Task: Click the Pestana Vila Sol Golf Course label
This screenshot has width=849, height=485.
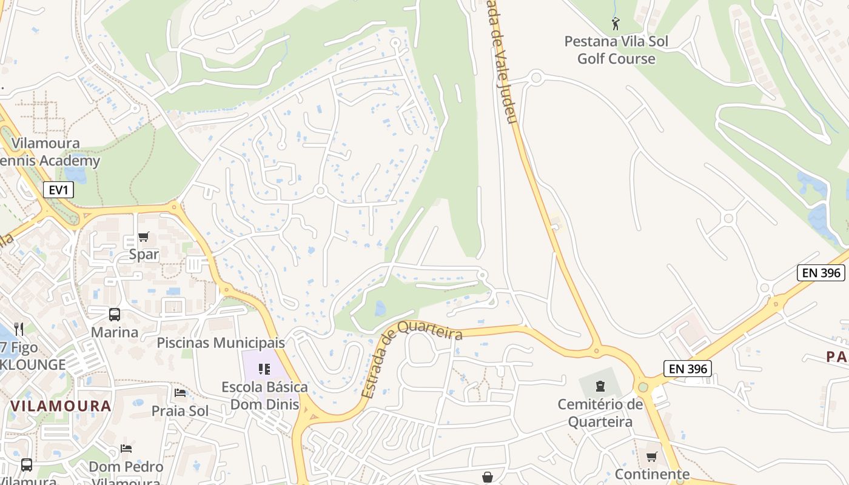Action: pyautogui.click(x=616, y=50)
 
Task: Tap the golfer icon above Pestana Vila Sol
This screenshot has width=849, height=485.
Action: pyautogui.click(x=616, y=24)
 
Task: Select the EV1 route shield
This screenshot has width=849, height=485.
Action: pyautogui.click(x=58, y=190)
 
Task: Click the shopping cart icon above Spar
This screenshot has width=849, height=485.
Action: pyautogui.click(x=144, y=236)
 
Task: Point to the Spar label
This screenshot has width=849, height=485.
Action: pyautogui.click(x=144, y=255)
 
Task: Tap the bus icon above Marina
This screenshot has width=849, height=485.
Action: pyautogui.click(x=115, y=315)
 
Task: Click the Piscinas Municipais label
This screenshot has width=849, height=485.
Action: pyautogui.click(x=221, y=343)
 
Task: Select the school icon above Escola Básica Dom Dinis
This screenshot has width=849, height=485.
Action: pyautogui.click(x=264, y=369)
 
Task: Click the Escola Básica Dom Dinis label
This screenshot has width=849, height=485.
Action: pyautogui.click(x=264, y=395)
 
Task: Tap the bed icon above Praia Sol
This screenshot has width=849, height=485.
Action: pyautogui.click(x=180, y=393)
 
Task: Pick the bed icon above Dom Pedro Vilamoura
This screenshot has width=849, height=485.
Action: pyautogui.click(x=126, y=449)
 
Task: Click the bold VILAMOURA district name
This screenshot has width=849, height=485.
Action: pyautogui.click(x=61, y=406)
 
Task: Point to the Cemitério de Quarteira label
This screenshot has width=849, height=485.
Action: pyautogui.click(x=600, y=413)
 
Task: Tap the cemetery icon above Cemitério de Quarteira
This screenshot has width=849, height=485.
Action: pyautogui.click(x=600, y=386)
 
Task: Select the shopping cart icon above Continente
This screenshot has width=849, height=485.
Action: pyautogui.click(x=652, y=457)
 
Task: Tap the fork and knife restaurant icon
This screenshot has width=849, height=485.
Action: pyautogui.click(x=19, y=329)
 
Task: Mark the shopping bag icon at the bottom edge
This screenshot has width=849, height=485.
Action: pyautogui.click(x=488, y=478)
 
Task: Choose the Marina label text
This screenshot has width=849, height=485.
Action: pyautogui.click(x=115, y=332)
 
